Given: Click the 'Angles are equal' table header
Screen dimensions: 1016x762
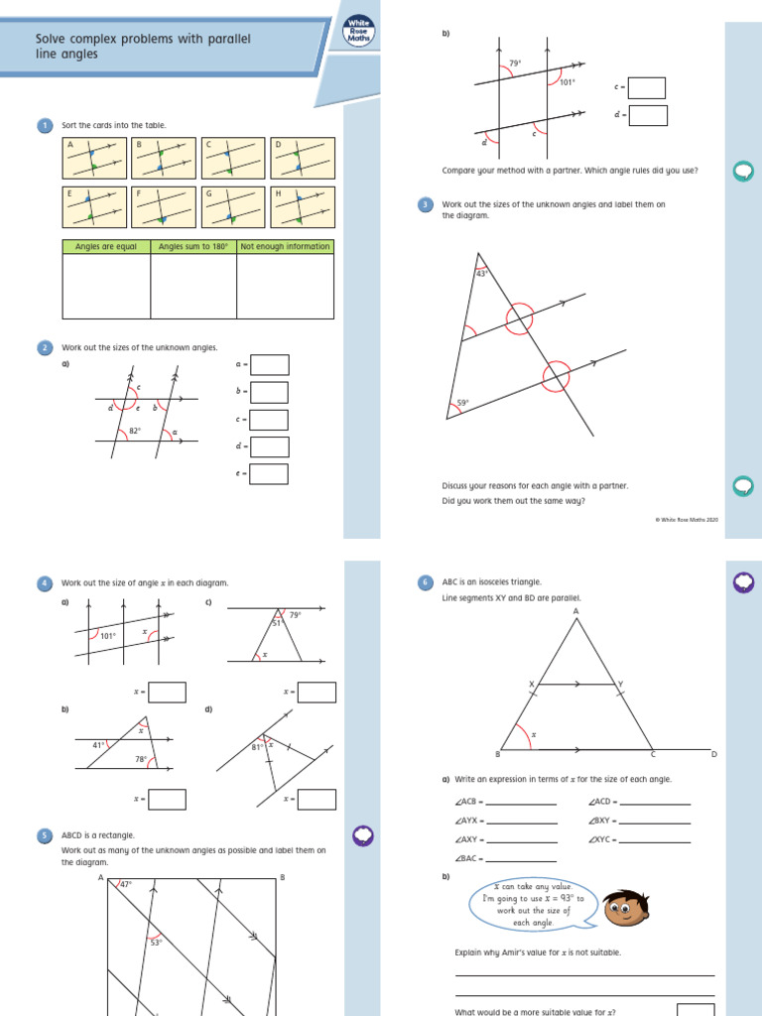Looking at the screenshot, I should [x=106, y=247].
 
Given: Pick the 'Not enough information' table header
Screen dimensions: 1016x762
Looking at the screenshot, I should [x=285, y=247].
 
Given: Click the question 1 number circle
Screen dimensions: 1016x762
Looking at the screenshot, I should [x=45, y=125].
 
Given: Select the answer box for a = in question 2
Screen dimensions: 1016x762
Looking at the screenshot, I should [x=269, y=365].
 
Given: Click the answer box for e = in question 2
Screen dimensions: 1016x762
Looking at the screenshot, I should [x=269, y=474].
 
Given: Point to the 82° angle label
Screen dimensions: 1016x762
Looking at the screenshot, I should [x=136, y=431].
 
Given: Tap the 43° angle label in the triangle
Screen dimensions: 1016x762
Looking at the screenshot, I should [x=482, y=274].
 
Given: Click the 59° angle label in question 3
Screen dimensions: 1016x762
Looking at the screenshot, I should [x=462, y=403].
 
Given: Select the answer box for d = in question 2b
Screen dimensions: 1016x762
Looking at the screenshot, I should [x=647, y=116].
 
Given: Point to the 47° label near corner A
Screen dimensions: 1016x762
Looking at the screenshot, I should [x=124, y=883].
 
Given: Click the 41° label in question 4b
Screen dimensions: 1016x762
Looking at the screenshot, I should [x=98, y=744].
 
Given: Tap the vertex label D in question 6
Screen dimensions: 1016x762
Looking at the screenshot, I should [x=713, y=755].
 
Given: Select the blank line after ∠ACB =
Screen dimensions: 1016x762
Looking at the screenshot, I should [x=522, y=802].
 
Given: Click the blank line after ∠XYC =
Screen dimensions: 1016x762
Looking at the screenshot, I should [x=655, y=839].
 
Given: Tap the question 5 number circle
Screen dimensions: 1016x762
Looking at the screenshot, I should [x=45, y=835].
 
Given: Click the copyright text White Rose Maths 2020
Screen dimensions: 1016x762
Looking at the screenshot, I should [x=687, y=519].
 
